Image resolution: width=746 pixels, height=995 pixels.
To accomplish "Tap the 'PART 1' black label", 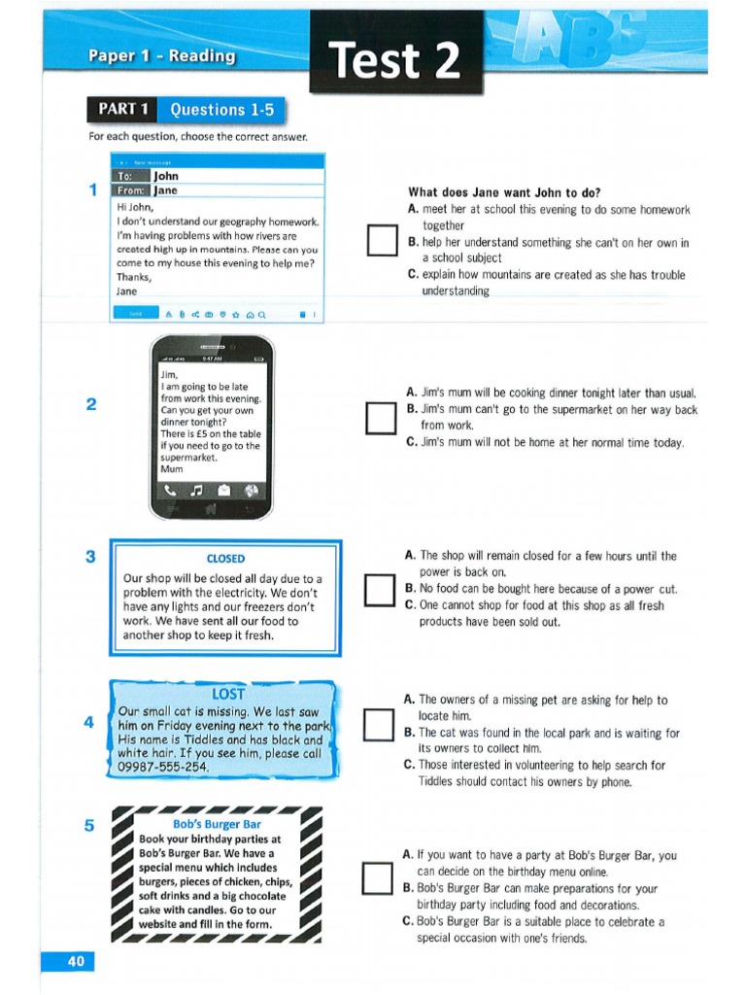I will point(122,110).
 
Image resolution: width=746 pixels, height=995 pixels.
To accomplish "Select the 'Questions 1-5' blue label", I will point(221,110).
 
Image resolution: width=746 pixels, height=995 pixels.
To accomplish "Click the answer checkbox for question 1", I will point(382,241).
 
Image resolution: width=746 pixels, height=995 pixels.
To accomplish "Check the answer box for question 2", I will point(382,418).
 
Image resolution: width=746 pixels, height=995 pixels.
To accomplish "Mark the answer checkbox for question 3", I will point(380,590).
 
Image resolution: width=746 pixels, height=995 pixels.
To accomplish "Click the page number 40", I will point(76,962).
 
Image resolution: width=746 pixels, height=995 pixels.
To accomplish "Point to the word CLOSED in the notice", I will point(225,559).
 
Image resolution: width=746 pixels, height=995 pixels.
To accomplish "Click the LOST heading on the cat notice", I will point(228,694).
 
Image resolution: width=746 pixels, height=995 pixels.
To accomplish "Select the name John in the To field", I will point(166,177).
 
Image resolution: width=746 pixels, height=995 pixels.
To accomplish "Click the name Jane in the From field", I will point(165,191).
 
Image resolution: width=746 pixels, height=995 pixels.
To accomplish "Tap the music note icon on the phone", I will point(197,491).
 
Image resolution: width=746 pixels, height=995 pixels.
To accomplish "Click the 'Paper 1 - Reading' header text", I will point(161,55).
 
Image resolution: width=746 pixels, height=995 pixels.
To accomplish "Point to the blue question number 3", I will point(90,557).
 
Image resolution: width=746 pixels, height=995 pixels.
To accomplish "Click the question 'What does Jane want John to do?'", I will point(504,193).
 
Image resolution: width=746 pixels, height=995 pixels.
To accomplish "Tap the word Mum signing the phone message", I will point(172,469).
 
